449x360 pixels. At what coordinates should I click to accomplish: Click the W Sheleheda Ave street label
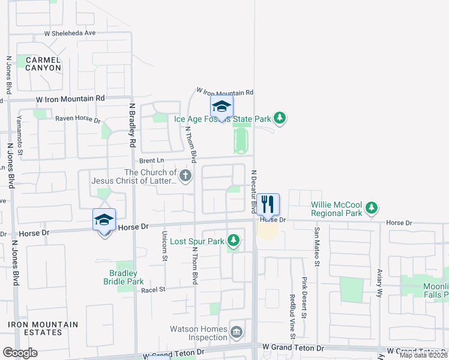coord(70,34)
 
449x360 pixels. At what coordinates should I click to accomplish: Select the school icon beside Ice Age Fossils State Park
coord(221,107)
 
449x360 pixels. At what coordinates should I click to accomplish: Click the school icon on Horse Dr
coord(104,220)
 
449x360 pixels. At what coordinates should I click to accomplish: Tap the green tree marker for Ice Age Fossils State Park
coord(279,118)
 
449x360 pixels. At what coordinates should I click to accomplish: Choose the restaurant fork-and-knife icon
coord(268,204)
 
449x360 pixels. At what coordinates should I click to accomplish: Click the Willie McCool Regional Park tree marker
coord(372,208)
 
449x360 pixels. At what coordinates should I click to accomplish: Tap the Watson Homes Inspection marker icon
coord(237,331)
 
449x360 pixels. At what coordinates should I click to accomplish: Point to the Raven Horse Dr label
coord(78,119)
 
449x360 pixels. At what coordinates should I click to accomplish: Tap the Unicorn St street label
coord(164,246)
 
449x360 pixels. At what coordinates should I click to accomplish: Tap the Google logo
coord(20,353)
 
